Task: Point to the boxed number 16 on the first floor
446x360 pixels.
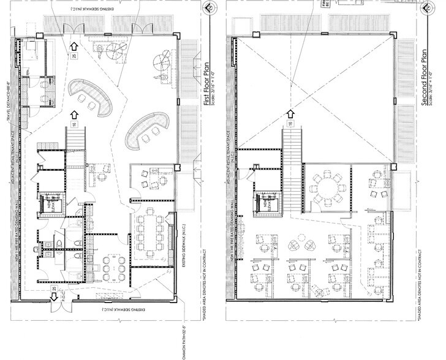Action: point(74,124)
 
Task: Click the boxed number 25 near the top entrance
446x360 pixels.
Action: point(74,56)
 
